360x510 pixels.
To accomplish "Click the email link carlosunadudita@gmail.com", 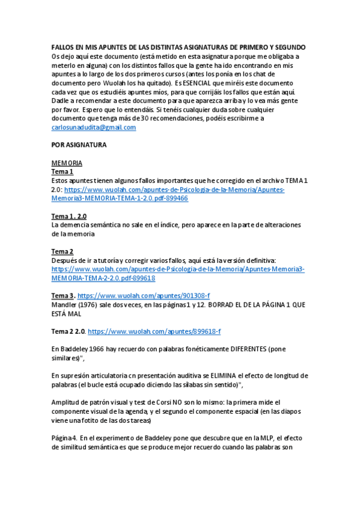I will [94, 127].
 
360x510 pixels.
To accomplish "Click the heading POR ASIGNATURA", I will [79, 145].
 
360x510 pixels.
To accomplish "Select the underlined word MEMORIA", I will [67, 163].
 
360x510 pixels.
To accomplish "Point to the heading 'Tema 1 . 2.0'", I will [69, 216].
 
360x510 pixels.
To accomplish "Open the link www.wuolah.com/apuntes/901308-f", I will [143, 295].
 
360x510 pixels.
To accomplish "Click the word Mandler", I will [65, 304].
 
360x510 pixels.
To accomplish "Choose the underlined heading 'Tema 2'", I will [63, 251].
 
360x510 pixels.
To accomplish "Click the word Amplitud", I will [66, 402].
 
